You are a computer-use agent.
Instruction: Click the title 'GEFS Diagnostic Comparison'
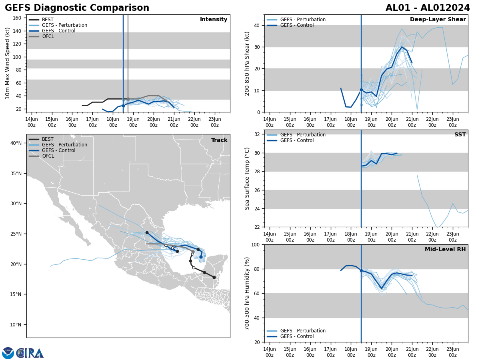(x=77, y=8)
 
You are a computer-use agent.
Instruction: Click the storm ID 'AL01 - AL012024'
(x=428, y=8)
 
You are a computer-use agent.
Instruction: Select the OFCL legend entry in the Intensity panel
(x=48, y=36)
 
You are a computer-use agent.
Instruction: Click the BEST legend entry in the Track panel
(x=48, y=139)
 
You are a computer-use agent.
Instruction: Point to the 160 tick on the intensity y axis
(x=18, y=18)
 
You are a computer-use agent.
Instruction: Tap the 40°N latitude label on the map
(x=16, y=143)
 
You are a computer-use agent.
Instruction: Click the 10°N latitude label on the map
(x=16, y=325)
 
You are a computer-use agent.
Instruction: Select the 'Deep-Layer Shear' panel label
(x=438, y=20)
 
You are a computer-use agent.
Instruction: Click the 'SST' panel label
(x=460, y=135)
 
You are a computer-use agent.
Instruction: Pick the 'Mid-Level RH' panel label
(x=445, y=250)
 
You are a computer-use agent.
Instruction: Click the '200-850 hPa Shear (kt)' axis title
(x=248, y=63)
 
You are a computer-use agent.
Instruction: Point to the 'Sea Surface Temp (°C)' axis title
(x=248, y=178)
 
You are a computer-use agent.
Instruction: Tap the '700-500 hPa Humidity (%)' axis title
(x=248, y=293)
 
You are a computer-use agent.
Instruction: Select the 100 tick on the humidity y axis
(x=256, y=245)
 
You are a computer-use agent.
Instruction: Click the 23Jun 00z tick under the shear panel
(x=452, y=122)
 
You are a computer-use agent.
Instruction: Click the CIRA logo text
(x=30, y=353)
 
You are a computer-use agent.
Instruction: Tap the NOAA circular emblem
(x=8, y=353)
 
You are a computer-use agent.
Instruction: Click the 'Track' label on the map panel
(x=219, y=140)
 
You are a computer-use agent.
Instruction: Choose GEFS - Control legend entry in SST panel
(x=297, y=140)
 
